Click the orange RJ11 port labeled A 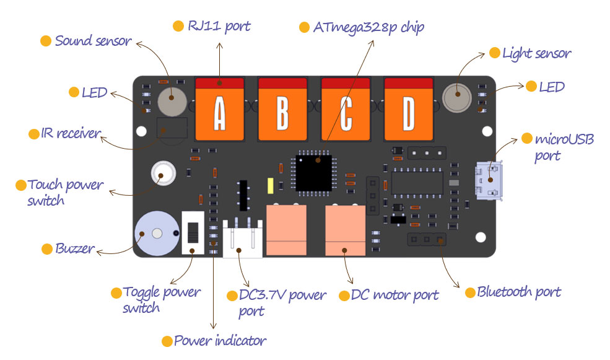point(219,109)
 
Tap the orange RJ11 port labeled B point(282,109)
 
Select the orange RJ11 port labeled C point(346,109)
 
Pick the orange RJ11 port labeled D point(409,109)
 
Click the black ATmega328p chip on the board point(314,173)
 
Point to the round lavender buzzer point(157,233)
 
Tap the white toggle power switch point(193,233)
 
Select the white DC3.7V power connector point(242,238)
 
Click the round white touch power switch point(163,173)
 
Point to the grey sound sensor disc point(172,102)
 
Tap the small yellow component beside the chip point(271,186)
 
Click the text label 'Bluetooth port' point(519,292)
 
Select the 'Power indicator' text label point(220,341)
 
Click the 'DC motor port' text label point(394,295)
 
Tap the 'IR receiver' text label point(71,133)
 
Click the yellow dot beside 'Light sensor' point(494,53)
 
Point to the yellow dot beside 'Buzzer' point(47,248)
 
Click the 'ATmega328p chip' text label point(368,27)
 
